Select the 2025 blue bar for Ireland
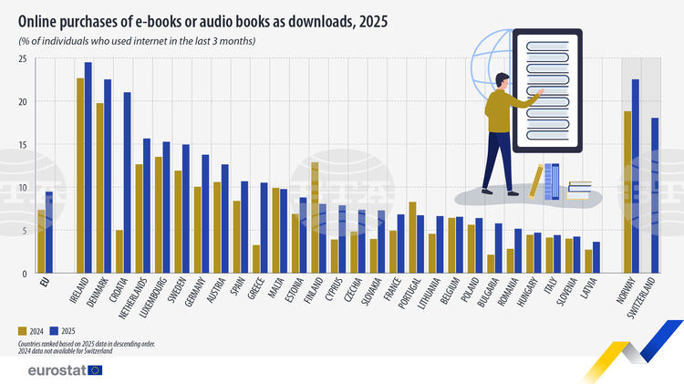point(88,168)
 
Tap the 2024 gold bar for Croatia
point(119,251)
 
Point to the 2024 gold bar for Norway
point(627,192)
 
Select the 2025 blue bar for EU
point(49,232)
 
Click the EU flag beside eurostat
point(96,369)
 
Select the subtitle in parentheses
point(137,42)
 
